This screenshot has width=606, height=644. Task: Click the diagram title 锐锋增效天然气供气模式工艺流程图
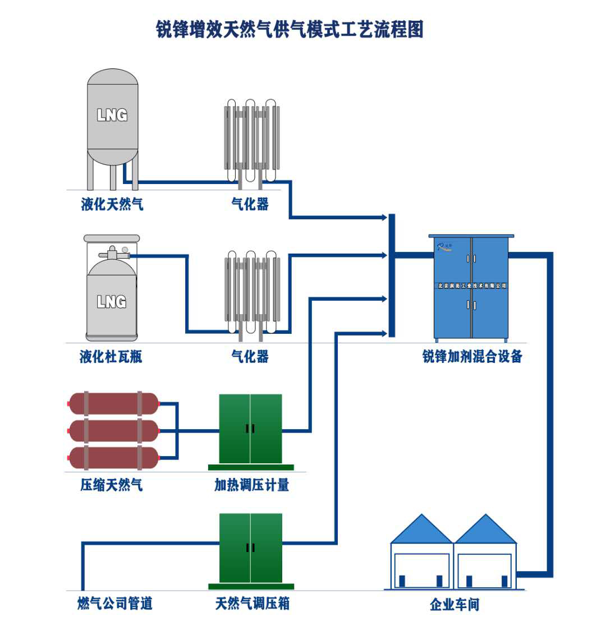click(290, 29)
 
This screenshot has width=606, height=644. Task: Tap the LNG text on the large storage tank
click(112, 115)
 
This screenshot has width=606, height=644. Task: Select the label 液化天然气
click(112, 204)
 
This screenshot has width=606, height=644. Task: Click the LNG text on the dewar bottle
click(112, 302)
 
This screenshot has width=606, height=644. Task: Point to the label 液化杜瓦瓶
click(111, 356)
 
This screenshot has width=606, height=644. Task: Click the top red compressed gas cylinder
click(114, 403)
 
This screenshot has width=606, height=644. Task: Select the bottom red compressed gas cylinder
click(114, 458)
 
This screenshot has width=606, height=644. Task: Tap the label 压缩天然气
click(111, 485)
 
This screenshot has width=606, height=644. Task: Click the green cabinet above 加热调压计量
click(250, 429)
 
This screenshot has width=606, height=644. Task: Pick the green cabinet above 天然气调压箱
click(250, 548)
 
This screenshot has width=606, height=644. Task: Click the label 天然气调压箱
click(252, 604)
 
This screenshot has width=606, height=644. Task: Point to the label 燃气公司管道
click(115, 604)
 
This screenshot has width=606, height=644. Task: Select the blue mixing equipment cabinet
click(471, 287)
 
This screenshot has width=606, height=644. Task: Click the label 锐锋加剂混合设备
click(472, 356)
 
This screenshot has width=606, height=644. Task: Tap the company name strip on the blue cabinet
click(472, 286)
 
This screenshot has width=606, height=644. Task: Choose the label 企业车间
click(454, 605)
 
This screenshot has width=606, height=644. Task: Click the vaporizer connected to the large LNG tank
click(252, 140)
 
